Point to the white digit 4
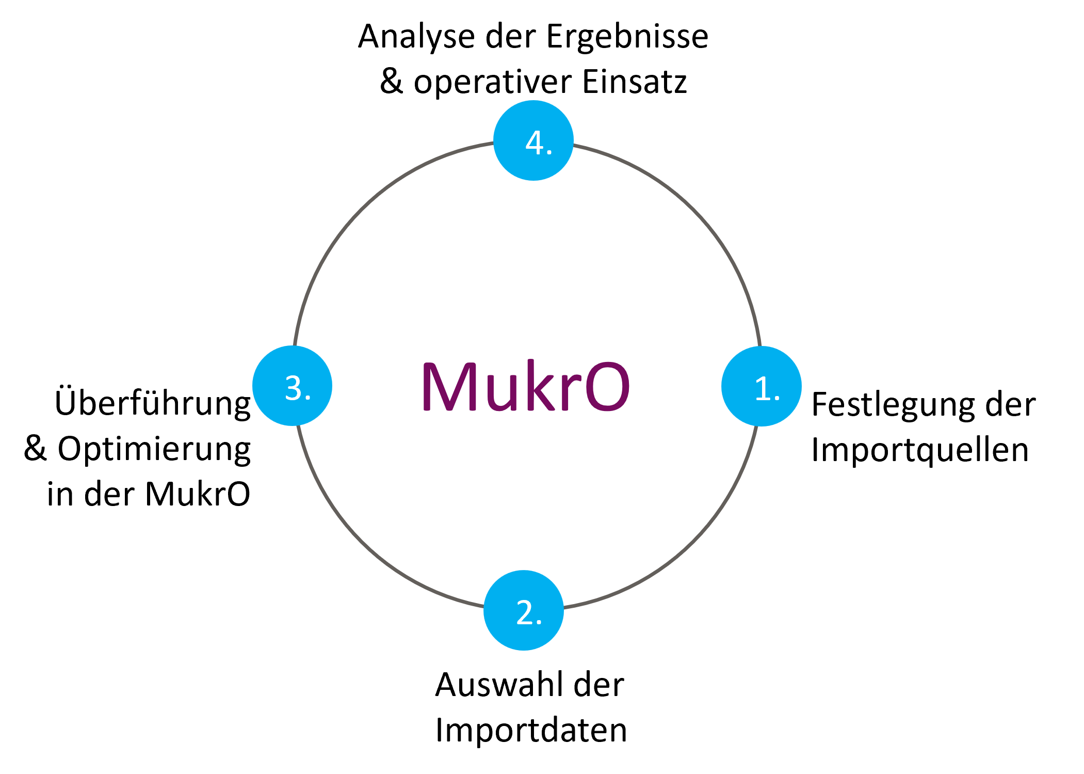click(535, 143)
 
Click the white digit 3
click(294, 388)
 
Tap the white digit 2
click(525, 612)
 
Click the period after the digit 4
click(549, 152)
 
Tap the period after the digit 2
click(539, 622)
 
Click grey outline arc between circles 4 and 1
click(692, 209)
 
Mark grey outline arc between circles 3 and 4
click(361, 209)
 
